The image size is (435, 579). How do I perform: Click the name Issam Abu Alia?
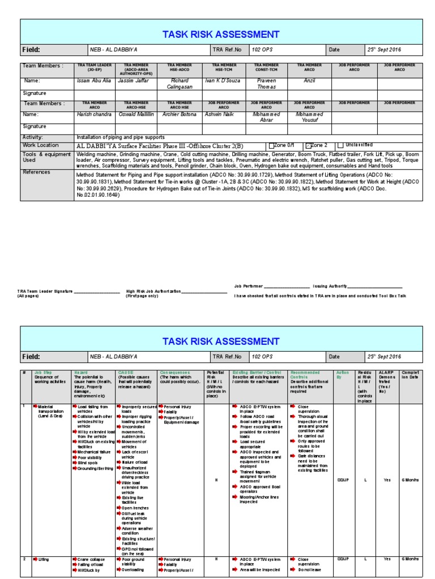coord(94,81)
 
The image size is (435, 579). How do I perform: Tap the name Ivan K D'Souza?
coord(221,81)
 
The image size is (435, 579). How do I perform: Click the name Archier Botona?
coord(180,114)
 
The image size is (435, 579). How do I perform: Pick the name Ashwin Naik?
coord(219,114)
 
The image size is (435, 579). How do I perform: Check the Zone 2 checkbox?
coord(309,145)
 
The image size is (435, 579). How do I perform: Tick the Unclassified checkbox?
coord(340,145)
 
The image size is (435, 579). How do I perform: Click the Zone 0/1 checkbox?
coord(271,145)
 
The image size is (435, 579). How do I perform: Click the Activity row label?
coord(32,137)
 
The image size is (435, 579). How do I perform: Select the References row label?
coord(36,172)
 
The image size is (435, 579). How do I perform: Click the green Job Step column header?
coord(43,373)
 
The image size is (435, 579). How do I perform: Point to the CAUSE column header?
coord(126,373)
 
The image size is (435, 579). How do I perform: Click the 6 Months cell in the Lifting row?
coord(410,559)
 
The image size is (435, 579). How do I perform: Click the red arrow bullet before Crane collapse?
coord(74,559)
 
